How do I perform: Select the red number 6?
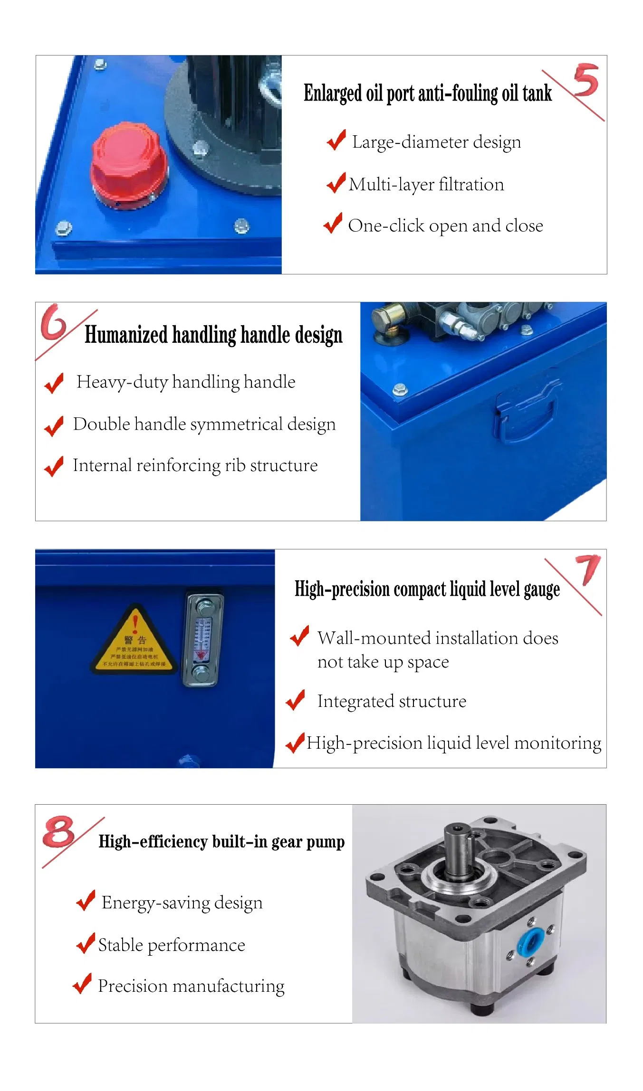54,323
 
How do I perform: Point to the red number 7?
589,569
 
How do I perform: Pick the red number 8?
59,832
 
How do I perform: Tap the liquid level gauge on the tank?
203,639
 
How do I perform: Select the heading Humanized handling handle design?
213,335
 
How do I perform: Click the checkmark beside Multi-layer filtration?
336,183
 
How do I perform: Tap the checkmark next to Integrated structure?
296,701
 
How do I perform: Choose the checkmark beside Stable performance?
86,944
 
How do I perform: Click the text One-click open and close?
445,226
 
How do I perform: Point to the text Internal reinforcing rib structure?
195,466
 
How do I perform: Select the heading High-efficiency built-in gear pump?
221,842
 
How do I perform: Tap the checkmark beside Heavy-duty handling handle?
54,383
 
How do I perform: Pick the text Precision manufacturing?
191,986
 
